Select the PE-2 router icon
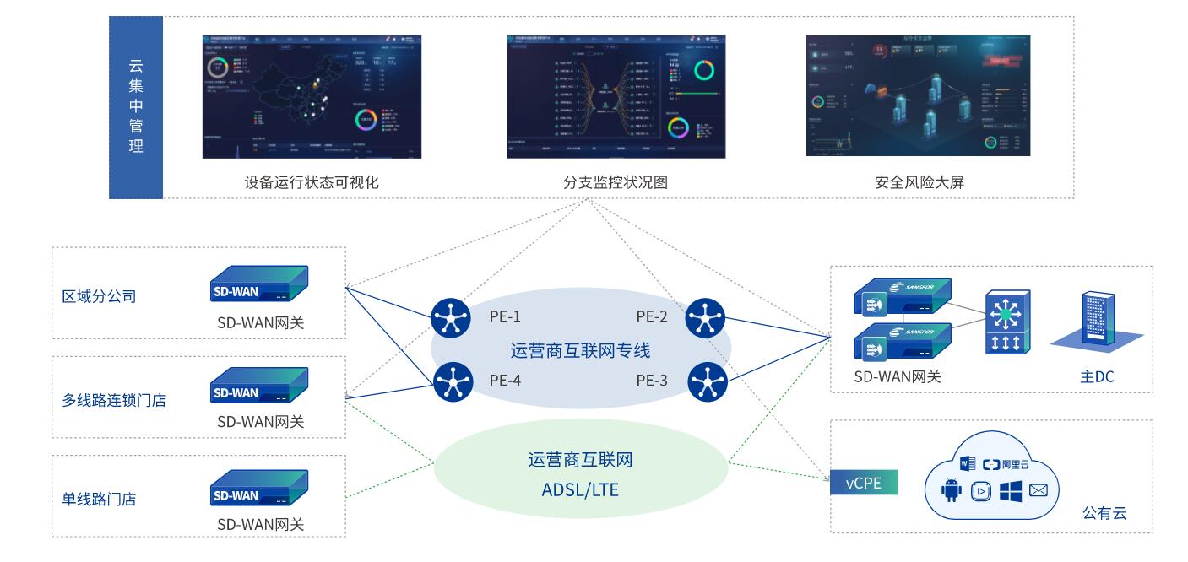pyautogui.click(x=707, y=318)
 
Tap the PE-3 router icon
pyautogui.click(x=707, y=382)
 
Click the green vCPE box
pyautogui.click(x=863, y=484)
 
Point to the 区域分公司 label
pyautogui.click(x=100, y=296)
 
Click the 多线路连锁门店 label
pyautogui.click(x=114, y=400)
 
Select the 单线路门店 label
pyautogui.click(x=100, y=499)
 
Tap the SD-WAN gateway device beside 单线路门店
pyautogui.click(x=259, y=491)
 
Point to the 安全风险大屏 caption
pyautogui.click(x=919, y=181)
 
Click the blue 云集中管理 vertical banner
pyautogui.click(x=136, y=107)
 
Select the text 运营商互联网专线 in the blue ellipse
pyautogui.click(x=581, y=349)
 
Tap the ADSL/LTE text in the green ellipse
pyautogui.click(x=580, y=487)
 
